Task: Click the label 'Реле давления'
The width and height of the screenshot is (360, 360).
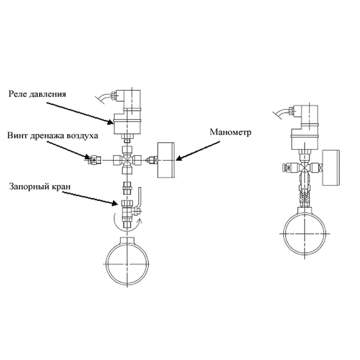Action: click(x=37, y=94)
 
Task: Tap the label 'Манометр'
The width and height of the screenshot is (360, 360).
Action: click(x=230, y=132)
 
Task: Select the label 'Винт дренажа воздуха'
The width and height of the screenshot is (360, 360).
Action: click(x=52, y=135)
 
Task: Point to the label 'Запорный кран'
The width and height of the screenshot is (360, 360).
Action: click(x=40, y=186)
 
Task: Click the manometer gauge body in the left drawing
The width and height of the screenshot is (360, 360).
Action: click(x=166, y=160)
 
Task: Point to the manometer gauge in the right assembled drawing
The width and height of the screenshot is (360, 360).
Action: click(x=331, y=168)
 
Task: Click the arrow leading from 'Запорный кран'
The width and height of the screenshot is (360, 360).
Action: click(x=90, y=199)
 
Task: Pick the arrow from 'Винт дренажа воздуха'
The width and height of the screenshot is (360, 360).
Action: click(x=69, y=150)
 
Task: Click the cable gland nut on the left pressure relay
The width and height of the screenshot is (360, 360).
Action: click(x=113, y=95)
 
